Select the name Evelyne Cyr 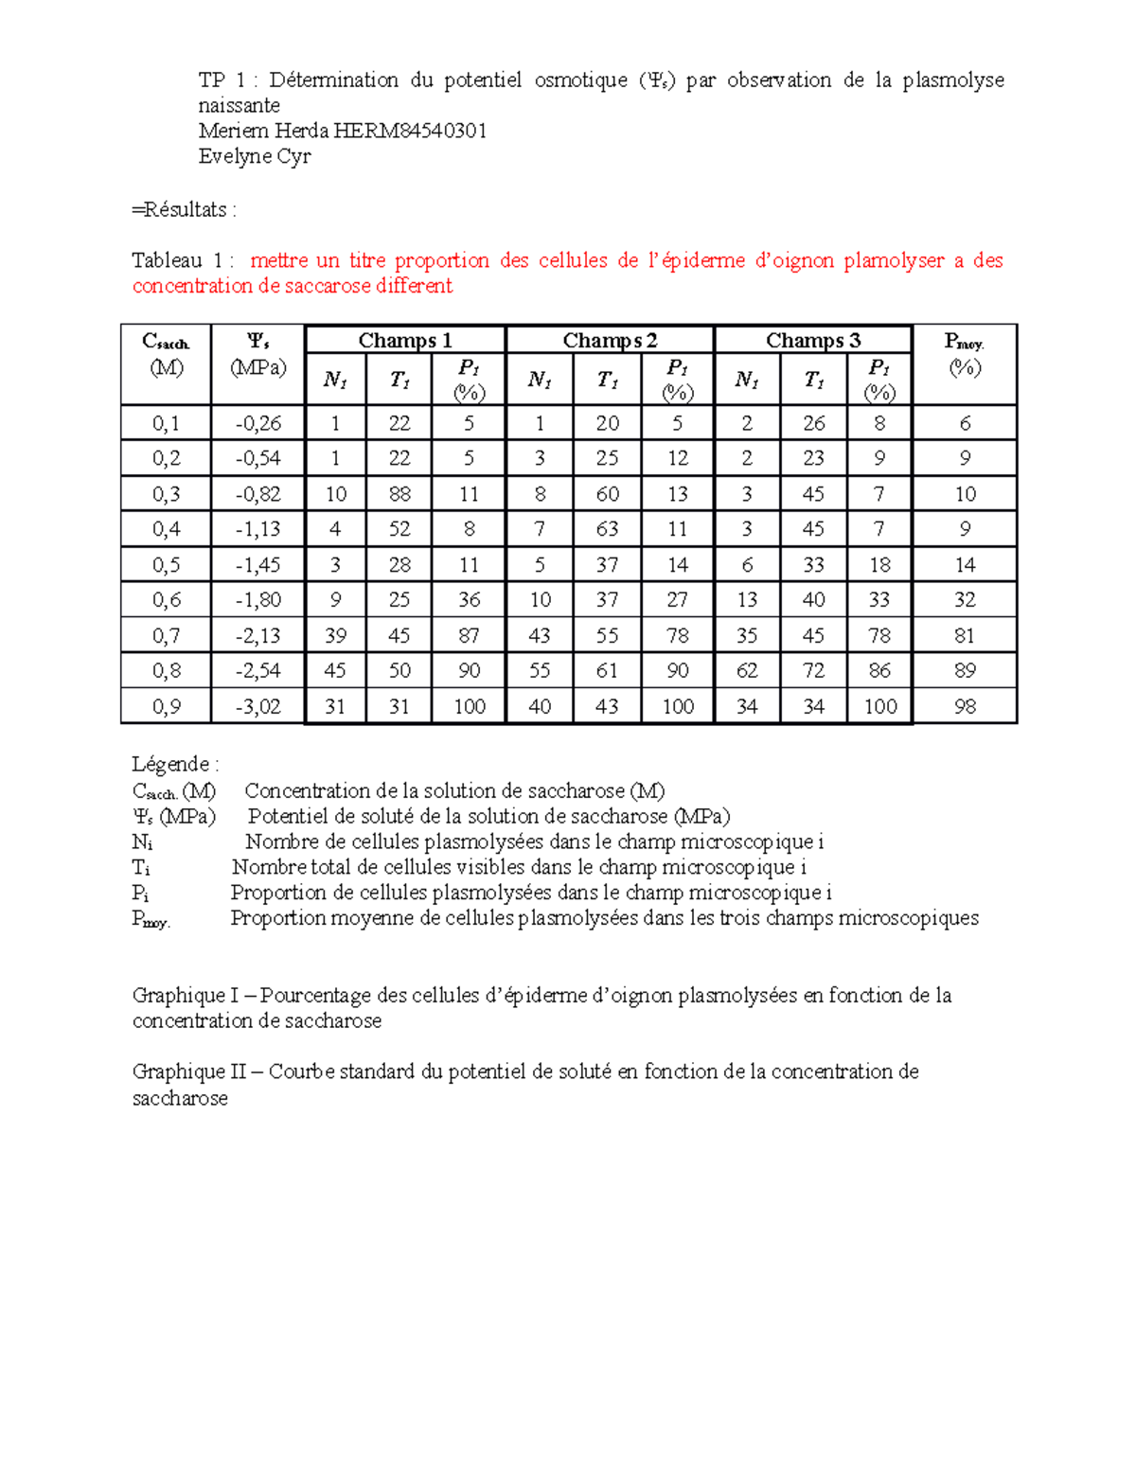tap(254, 156)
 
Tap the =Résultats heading tap(183, 209)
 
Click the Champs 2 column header tap(609, 340)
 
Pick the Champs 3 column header tap(812, 340)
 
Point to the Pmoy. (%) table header tap(964, 354)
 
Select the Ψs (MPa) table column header tap(257, 354)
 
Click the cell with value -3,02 tap(257, 706)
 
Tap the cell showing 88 tap(399, 494)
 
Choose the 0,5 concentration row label tap(166, 565)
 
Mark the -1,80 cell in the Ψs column tap(257, 600)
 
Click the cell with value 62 tap(746, 671)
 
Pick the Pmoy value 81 tap(964, 635)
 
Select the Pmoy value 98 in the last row tap(964, 706)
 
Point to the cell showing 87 tap(469, 635)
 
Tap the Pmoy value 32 tap(964, 600)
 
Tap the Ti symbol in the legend tap(141, 867)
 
